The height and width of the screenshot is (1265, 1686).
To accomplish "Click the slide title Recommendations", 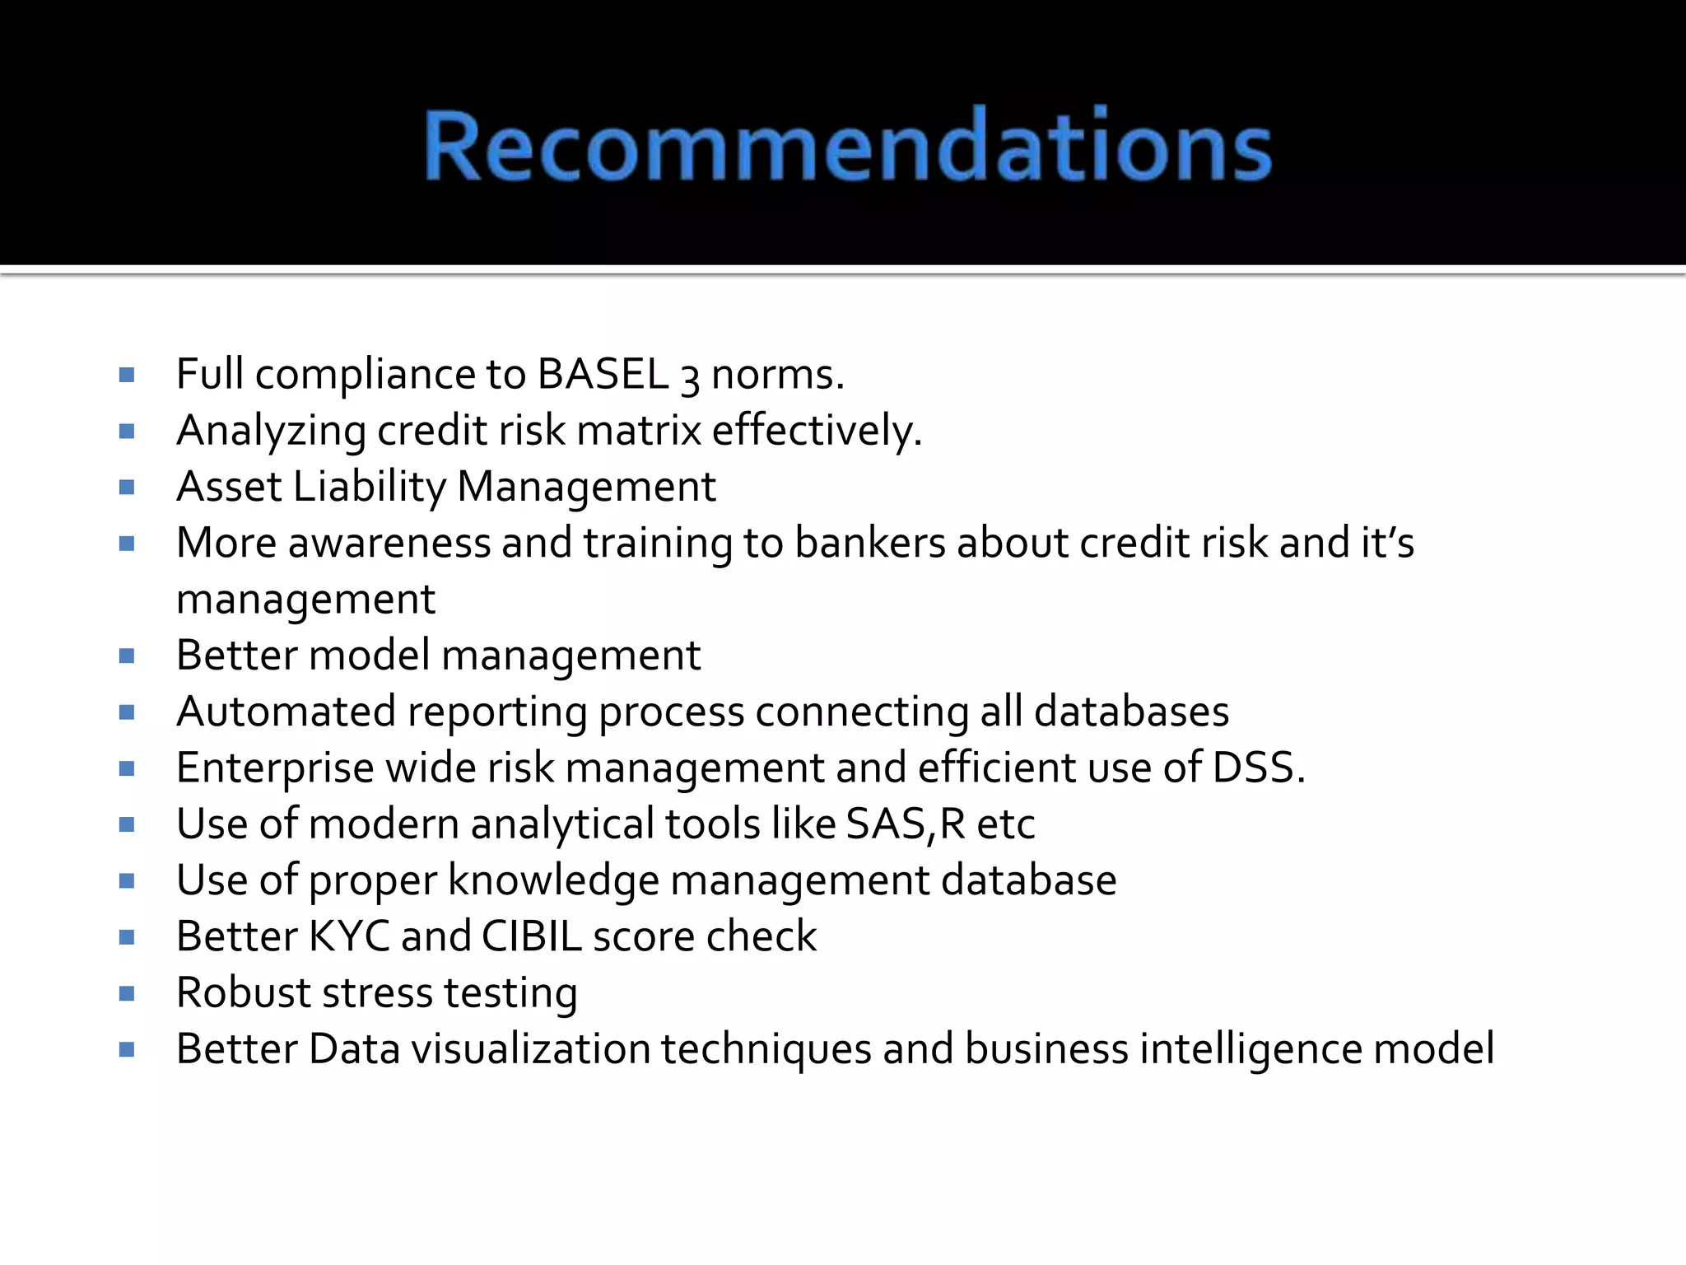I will (x=848, y=145).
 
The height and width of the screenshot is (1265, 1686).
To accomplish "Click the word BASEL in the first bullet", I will (x=603, y=375).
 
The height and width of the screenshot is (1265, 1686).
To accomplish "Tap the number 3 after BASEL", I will (x=690, y=378).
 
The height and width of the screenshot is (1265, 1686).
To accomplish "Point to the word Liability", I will (x=369, y=487).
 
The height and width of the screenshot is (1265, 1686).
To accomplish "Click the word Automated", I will (x=286, y=712).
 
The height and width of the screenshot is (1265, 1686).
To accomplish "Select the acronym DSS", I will (x=1257, y=768).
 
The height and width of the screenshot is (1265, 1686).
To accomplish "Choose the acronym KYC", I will (x=348, y=936).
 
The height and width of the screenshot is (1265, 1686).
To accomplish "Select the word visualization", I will (x=531, y=1049).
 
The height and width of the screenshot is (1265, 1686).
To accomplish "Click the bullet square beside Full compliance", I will (x=126, y=376).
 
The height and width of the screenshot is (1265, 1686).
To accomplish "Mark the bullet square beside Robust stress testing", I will (x=126, y=993).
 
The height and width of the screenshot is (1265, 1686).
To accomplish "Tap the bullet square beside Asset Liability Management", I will (x=126, y=488).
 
